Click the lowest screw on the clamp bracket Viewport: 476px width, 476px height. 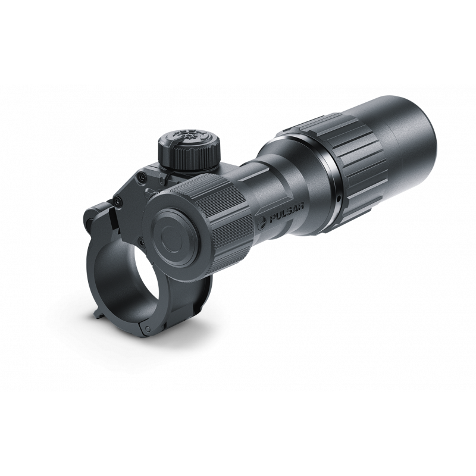pos(140,240)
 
